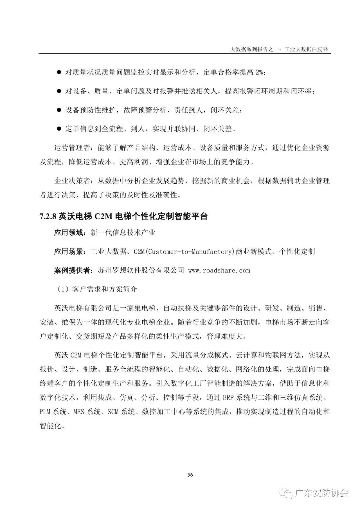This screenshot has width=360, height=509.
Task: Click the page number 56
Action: [190, 475]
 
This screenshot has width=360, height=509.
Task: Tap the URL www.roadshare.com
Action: [219, 271]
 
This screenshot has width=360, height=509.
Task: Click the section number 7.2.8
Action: [48, 216]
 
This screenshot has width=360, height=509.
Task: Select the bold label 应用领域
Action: [68, 233]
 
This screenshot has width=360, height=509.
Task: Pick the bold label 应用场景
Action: [68, 251]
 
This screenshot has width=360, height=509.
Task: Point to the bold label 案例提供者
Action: [72, 271]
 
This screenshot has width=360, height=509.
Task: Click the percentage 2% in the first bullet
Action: [260, 72]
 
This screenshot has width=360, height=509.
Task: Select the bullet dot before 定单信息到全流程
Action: [59, 129]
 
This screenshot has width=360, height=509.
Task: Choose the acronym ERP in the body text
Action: [228, 398]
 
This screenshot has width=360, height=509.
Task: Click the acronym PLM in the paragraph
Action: [45, 412]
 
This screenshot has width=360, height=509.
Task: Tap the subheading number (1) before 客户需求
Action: [61, 289]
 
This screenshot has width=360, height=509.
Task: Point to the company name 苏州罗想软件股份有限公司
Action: [141, 271]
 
